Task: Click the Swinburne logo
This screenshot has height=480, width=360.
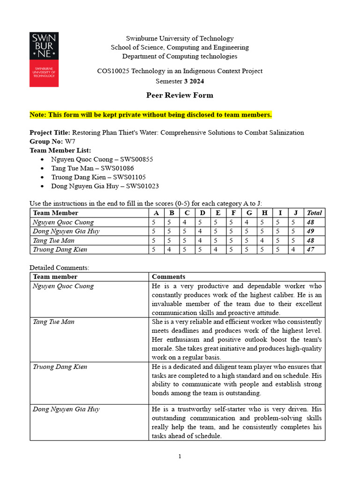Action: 44,60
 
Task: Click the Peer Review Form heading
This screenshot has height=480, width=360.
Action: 180,95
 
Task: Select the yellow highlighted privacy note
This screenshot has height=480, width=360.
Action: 150,115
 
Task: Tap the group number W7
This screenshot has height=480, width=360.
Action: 70,141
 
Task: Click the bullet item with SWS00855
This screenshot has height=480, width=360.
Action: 102,159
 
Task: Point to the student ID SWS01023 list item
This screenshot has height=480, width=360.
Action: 105,186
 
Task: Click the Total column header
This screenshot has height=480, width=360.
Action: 314,213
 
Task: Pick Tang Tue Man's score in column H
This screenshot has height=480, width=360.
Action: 264,240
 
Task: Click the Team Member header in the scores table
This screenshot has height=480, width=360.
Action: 55,213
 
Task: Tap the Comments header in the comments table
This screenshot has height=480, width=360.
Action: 168,277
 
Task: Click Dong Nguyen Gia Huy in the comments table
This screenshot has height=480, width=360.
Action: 66,409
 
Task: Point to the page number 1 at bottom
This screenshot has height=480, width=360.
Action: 180,457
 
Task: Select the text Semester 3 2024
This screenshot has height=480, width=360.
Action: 180,81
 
